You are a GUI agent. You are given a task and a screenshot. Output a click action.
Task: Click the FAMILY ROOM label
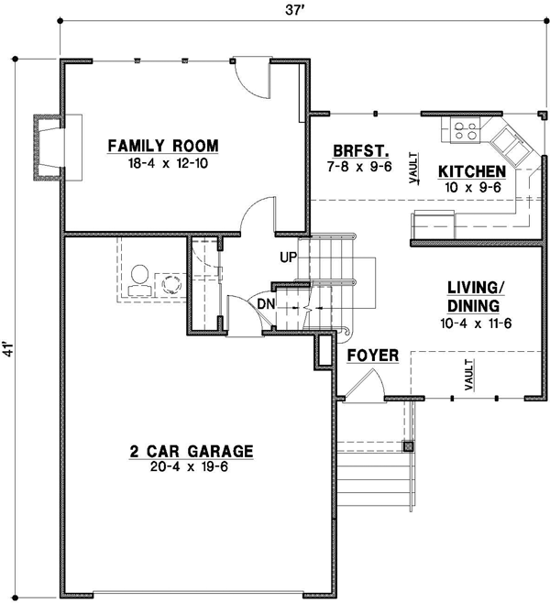click(163, 146)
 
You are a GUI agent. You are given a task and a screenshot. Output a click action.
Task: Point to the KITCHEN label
click(471, 172)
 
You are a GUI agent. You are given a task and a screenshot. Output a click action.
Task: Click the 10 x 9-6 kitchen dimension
click(471, 187)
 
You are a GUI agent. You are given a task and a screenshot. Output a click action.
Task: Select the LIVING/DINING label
click(473, 297)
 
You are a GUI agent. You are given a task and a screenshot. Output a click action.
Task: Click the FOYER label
click(372, 355)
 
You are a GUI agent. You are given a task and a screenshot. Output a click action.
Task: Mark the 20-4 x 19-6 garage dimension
click(191, 466)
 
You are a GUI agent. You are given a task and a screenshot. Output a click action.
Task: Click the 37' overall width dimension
click(294, 11)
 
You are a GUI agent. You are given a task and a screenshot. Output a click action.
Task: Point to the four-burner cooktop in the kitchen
click(465, 131)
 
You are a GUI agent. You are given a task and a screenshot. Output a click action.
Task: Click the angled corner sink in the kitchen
click(506, 141)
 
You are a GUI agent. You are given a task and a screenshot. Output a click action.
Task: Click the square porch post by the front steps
click(408, 447)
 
